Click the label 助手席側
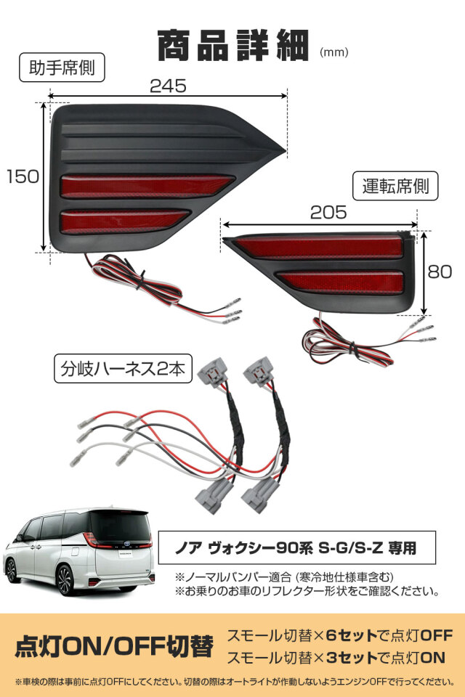[62, 69]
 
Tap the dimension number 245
[168, 85]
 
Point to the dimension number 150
[23, 176]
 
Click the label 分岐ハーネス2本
[123, 369]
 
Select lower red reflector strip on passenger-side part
[124, 220]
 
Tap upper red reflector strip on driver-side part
[320, 247]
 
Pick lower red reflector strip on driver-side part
[341, 281]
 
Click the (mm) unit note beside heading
[333, 52]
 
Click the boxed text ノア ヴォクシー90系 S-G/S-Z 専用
[297, 543]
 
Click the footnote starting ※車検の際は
[232, 682]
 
